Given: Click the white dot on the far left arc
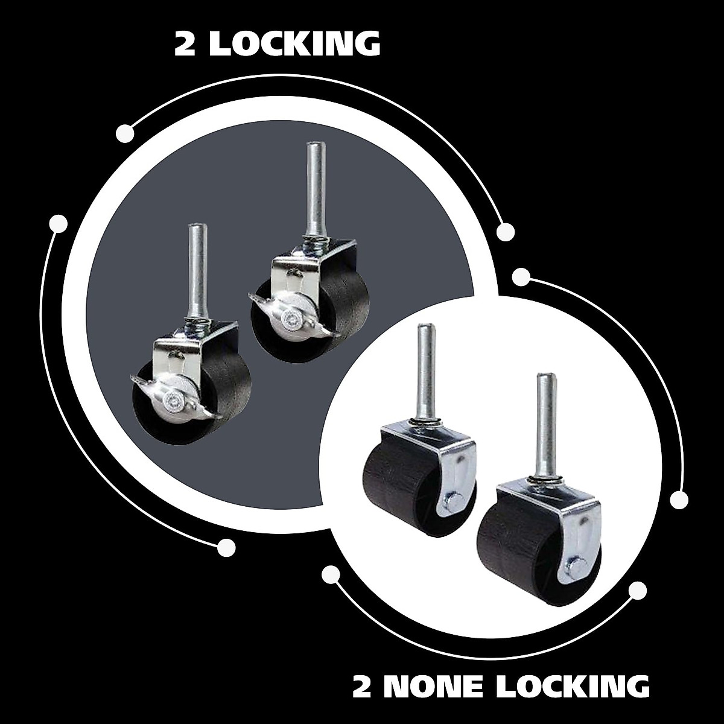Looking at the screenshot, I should point(59,224).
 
